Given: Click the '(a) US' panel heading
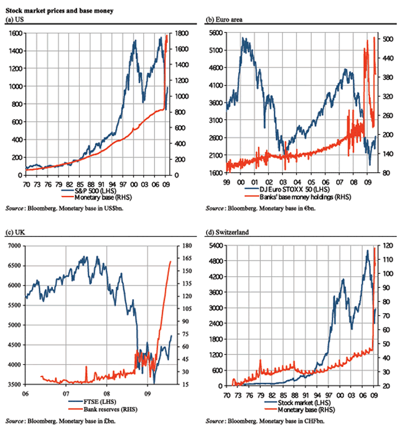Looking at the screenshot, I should (14, 20).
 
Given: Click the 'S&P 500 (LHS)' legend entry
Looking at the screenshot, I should (107, 189).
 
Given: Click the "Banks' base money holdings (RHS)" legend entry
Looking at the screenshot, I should (310, 197).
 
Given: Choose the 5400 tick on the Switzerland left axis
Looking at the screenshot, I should (215, 246).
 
